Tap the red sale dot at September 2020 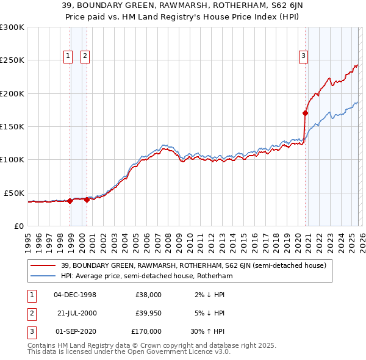(305, 113)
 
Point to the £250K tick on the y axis (12, 60)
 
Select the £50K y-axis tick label (14, 193)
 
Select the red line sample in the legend (44, 265)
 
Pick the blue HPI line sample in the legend (44, 276)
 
